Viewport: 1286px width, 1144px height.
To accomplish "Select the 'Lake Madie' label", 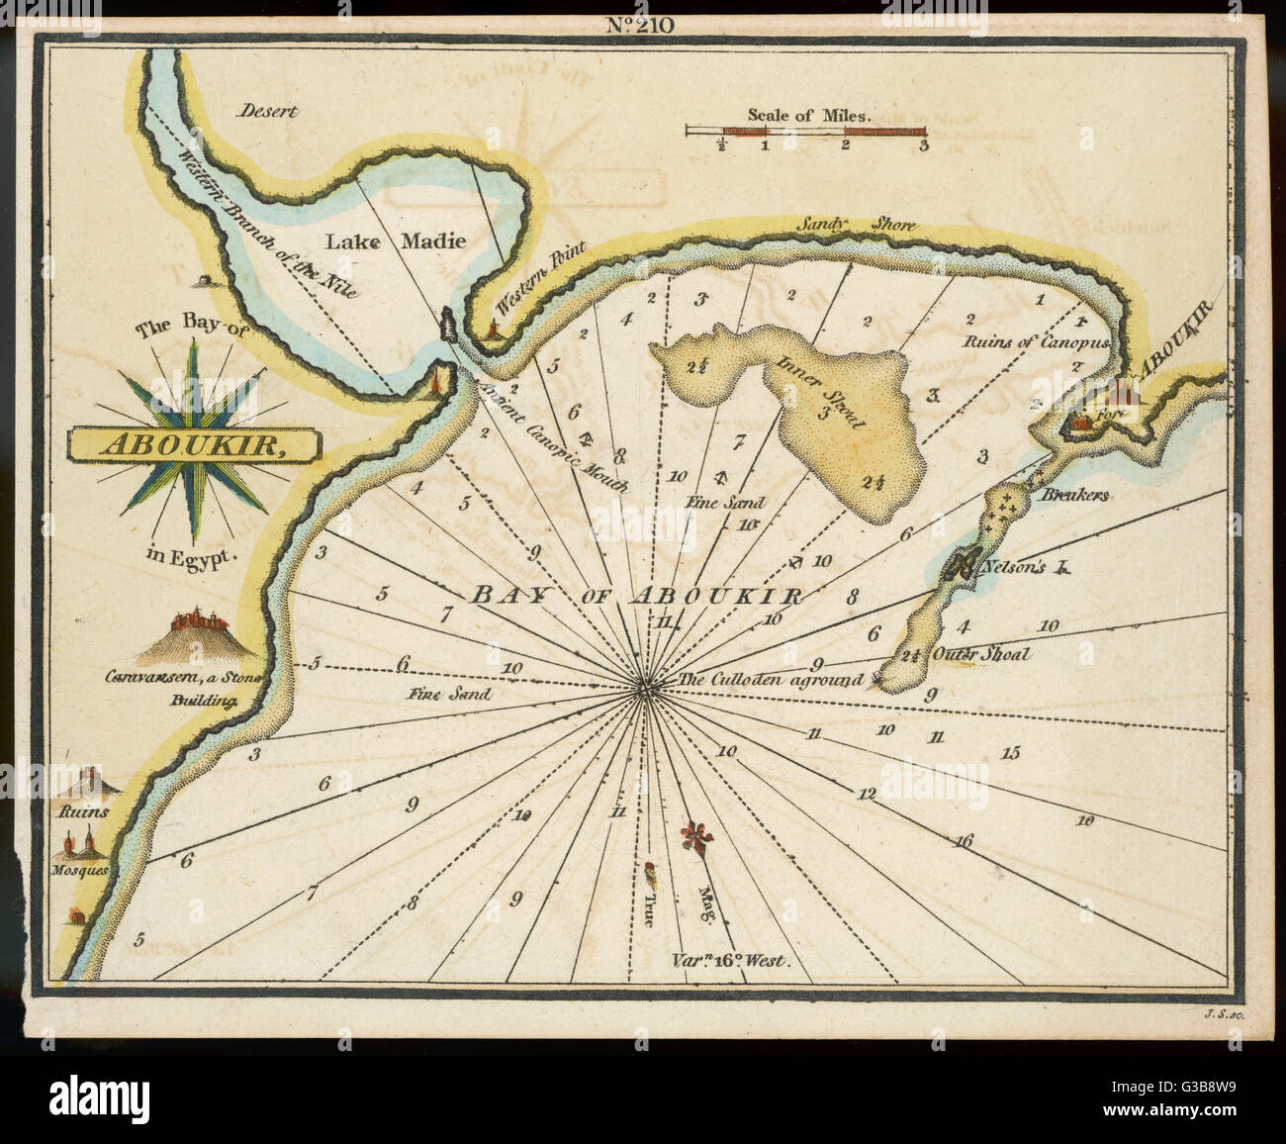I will pyautogui.click(x=396, y=240).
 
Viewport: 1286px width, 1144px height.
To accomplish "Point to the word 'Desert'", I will pyautogui.click(x=267, y=112).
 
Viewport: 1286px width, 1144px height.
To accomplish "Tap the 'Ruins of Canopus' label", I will pyautogui.click(x=1039, y=341).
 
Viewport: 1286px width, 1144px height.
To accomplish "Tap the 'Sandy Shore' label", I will pyautogui.click(x=856, y=226).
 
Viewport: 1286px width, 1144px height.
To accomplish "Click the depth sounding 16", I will pyautogui.click(x=964, y=841).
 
